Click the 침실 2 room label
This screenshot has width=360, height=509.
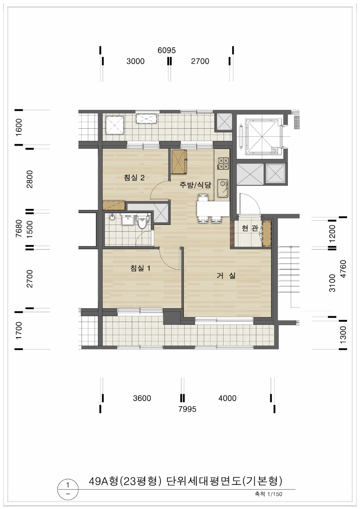(x=134, y=178)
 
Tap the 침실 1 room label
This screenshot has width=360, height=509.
(x=140, y=268)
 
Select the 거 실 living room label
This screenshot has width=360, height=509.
(x=226, y=276)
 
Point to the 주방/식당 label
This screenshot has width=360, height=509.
(x=195, y=185)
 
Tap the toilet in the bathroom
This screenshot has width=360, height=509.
(x=142, y=221)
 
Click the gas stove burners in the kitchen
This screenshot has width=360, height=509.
(x=223, y=163)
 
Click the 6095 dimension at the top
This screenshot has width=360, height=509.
(x=167, y=50)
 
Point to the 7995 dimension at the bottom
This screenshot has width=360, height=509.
(x=187, y=409)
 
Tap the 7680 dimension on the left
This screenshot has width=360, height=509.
(x=19, y=228)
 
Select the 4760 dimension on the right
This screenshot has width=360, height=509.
(x=343, y=269)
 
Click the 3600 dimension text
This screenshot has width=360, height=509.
(x=142, y=398)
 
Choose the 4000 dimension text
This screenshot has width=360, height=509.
(x=227, y=398)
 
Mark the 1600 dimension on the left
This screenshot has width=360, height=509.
(x=19, y=127)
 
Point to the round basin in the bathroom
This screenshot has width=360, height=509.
(x=111, y=218)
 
